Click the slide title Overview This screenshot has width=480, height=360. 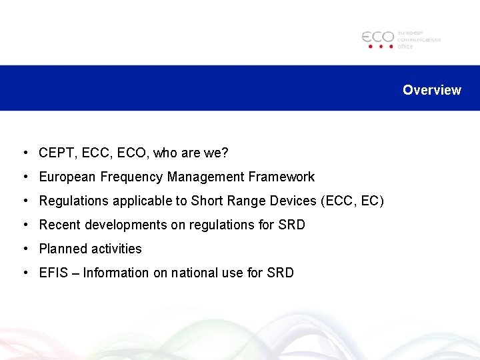pos(431,90)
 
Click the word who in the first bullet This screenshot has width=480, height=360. pos(166,153)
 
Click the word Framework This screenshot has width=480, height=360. pos(283,177)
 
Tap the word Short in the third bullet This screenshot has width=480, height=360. pos(206,201)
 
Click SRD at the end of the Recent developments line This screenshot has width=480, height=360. pos(291,225)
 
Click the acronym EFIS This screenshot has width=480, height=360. pos(53,273)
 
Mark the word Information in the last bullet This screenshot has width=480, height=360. pos(115,273)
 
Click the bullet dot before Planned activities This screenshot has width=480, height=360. pos(24,249)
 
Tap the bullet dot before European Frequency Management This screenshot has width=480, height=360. pos(24,177)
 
